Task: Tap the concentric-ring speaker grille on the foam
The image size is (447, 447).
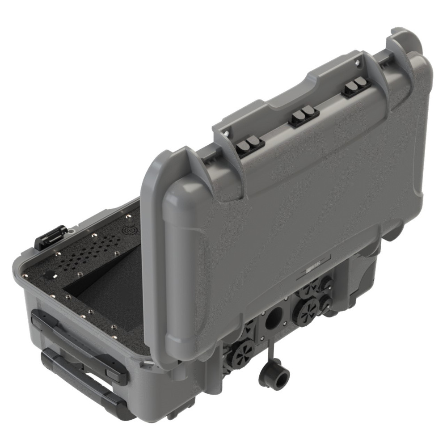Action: [x=129, y=231]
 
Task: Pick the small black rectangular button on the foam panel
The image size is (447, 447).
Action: [x=51, y=274]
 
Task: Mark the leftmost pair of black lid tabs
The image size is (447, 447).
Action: [x=250, y=145]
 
